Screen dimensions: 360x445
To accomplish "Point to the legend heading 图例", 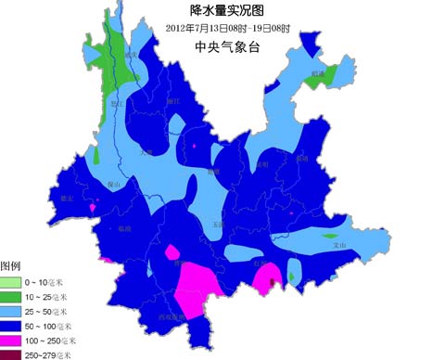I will pos(10,266).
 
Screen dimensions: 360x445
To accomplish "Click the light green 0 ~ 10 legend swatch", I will pos(10,282).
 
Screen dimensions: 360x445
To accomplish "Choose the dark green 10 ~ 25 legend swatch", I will pos(10,296).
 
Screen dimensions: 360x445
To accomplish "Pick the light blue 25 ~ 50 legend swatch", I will pos(10,311).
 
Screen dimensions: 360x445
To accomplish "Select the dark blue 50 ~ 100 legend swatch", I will pos(10,326).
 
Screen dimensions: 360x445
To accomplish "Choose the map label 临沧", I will pos(125,227).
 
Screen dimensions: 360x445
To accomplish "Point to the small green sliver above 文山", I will pos(333,236).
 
